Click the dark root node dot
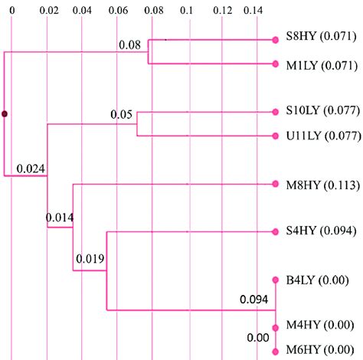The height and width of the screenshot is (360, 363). click(5, 114)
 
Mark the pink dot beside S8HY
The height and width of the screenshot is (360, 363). click(275, 40)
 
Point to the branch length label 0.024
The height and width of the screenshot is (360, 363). click(30, 169)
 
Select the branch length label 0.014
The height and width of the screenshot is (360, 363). click(60, 217)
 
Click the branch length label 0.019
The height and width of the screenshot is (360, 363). click(90, 258)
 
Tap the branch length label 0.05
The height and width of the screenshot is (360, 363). click(121, 115)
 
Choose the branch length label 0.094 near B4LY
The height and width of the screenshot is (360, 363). click(254, 299)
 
